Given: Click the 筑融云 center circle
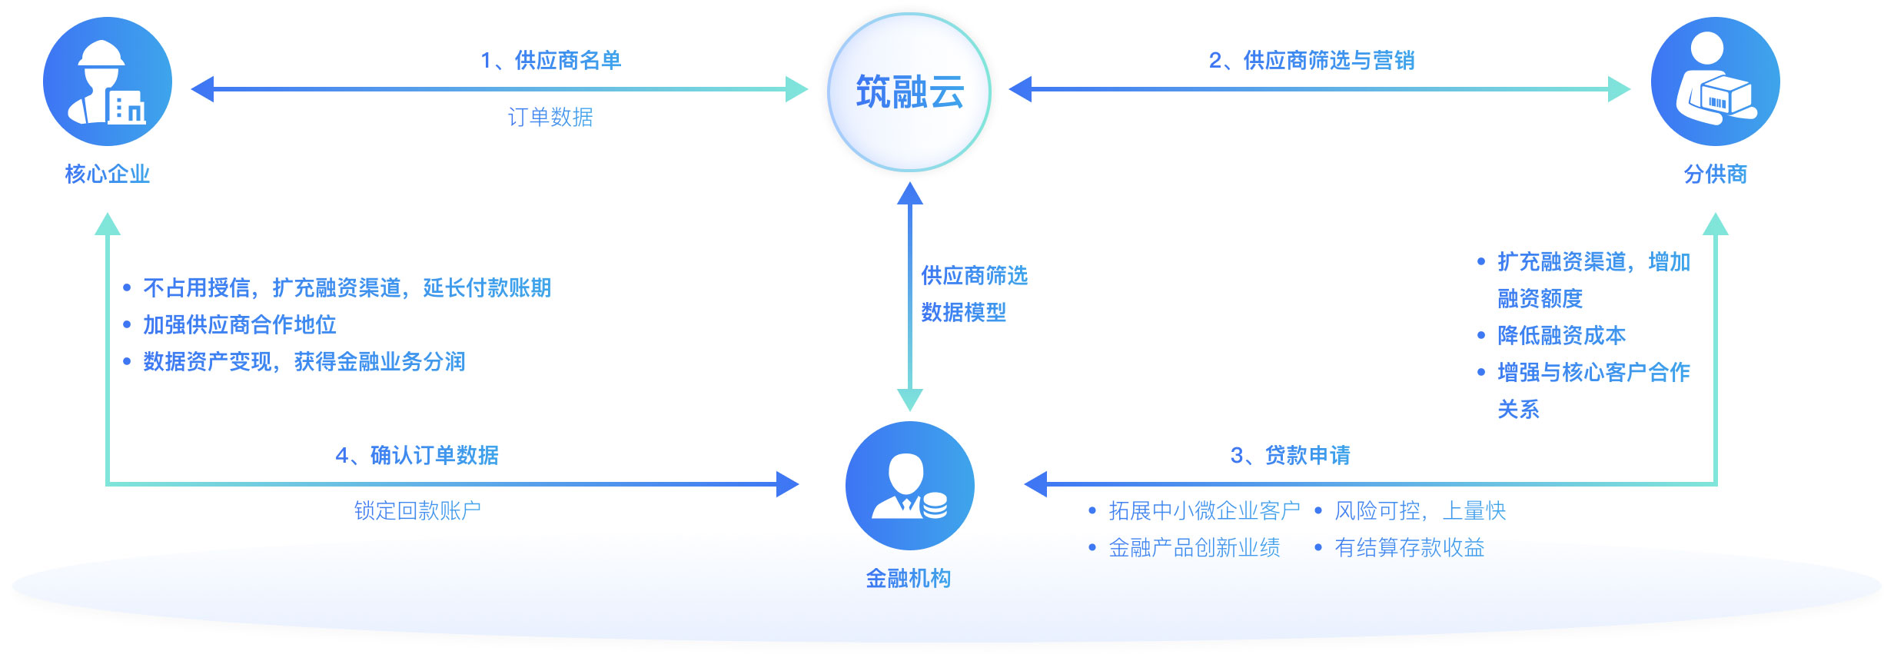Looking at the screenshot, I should click(x=909, y=92).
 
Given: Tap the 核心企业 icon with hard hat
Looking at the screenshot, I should click(x=108, y=81).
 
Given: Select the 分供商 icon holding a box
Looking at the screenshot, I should click(x=1715, y=81).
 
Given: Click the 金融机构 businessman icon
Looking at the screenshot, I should click(x=909, y=486).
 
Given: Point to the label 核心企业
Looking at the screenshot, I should click(x=108, y=174).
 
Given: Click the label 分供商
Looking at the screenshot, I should click(x=1715, y=174).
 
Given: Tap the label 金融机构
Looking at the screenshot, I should click(x=909, y=579).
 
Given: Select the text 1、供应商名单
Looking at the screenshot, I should click(x=550, y=60).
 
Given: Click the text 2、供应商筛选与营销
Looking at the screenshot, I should click(x=1311, y=60).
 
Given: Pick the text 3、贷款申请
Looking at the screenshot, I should click(x=1290, y=455).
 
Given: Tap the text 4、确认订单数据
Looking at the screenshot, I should click(x=417, y=455).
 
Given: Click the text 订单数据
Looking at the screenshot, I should click(x=550, y=117).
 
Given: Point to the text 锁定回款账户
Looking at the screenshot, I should click(x=417, y=510).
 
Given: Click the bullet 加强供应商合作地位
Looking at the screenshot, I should click(x=239, y=324).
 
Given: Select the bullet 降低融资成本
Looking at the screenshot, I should click(x=1561, y=335).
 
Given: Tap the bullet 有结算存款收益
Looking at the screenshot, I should click(x=1409, y=547).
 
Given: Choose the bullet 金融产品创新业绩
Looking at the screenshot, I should click(x=1194, y=547).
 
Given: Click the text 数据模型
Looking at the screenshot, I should click(x=963, y=312).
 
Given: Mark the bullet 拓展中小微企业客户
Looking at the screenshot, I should click(x=1204, y=510).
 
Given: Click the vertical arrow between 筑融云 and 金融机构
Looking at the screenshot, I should click(x=910, y=296).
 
